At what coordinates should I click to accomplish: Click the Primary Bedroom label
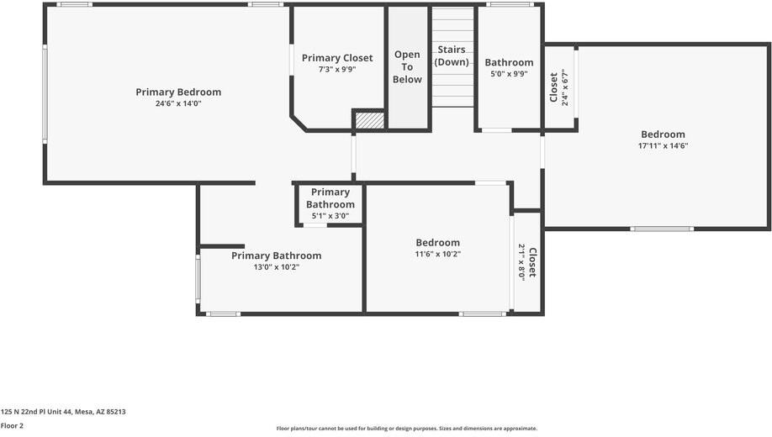coord(178,92)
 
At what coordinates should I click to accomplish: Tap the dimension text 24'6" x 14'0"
coord(178,103)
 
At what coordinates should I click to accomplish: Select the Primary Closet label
coord(337,58)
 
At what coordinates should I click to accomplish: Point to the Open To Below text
coord(407,67)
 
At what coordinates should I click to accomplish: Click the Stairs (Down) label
coord(452,56)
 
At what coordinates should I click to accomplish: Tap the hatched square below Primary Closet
coord(368,120)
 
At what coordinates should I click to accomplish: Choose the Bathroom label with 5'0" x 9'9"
coord(509,62)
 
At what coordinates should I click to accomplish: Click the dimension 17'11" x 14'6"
coord(663,145)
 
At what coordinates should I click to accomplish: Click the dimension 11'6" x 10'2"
coord(437,254)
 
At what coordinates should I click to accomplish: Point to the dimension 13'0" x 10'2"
coord(276,267)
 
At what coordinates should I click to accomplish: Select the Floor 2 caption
coord(12,425)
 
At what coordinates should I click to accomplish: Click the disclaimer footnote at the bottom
coord(406,429)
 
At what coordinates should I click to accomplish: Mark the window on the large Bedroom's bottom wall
coord(662,229)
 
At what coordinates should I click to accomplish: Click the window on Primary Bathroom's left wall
coord(198,279)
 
